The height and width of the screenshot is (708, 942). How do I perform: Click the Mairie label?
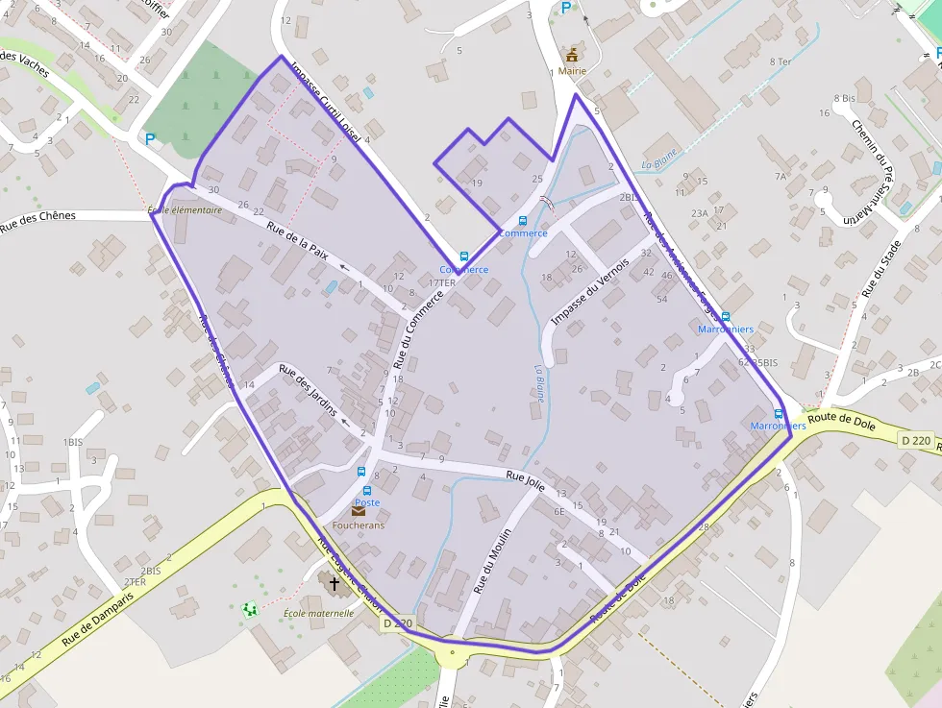click(x=572, y=71)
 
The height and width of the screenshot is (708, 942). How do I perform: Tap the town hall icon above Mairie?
click(x=572, y=54)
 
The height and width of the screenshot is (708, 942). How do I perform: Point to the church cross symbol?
click(x=335, y=583)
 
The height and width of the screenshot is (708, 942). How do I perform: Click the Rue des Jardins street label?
click(x=308, y=388)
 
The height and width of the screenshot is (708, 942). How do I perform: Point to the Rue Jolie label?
click(x=526, y=481)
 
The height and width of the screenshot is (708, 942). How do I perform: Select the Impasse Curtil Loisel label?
click(x=326, y=104)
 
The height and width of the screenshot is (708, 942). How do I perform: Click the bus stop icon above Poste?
click(x=361, y=472)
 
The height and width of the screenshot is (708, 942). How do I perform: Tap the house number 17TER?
click(x=442, y=283)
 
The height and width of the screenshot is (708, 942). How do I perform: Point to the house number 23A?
click(x=699, y=213)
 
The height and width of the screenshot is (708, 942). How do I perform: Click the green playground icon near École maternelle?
click(x=250, y=608)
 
